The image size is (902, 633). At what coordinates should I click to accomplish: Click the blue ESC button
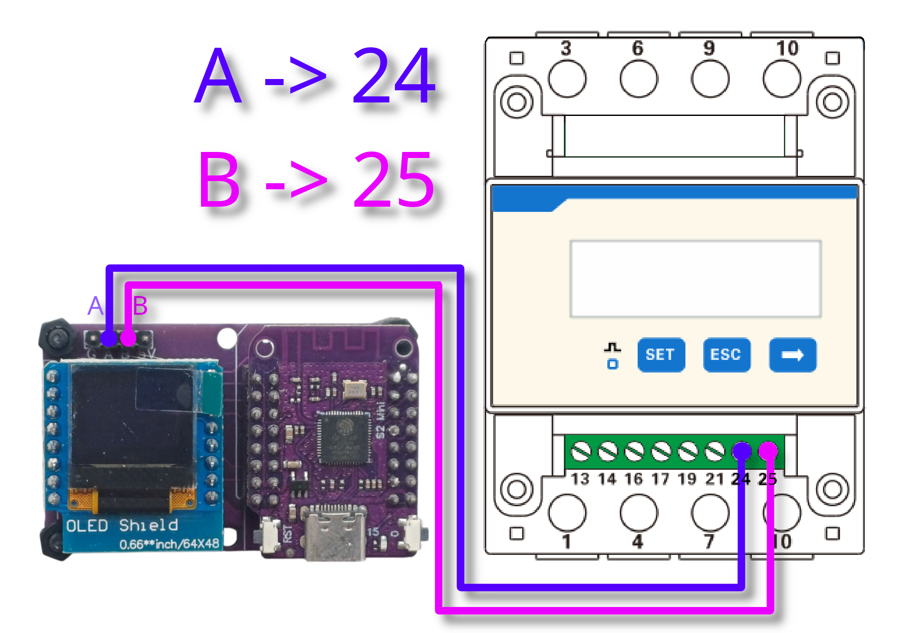click(727, 355)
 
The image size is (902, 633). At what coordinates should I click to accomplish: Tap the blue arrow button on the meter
click(793, 355)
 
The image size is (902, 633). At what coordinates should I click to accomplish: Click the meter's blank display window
click(695, 279)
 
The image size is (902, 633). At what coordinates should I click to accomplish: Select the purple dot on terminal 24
click(741, 452)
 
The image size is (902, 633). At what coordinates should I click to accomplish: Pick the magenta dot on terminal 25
click(768, 452)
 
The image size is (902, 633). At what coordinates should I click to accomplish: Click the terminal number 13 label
click(580, 479)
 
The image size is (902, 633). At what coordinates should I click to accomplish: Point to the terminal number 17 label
click(660, 479)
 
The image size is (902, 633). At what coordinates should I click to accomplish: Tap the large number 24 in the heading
click(393, 76)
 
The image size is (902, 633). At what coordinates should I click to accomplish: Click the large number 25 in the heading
click(393, 179)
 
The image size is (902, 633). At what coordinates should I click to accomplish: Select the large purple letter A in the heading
click(218, 76)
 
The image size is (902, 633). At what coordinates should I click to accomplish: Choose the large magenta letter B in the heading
click(219, 179)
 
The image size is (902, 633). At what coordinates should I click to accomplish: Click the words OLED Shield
click(122, 525)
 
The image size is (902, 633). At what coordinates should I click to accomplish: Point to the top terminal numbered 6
click(637, 48)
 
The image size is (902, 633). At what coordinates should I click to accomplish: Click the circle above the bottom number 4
click(639, 512)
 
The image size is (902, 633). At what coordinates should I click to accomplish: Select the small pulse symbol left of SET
click(612, 348)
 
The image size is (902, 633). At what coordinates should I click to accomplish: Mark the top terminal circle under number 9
click(710, 79)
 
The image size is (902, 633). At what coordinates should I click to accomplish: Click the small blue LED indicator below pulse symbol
click(612, 364)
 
